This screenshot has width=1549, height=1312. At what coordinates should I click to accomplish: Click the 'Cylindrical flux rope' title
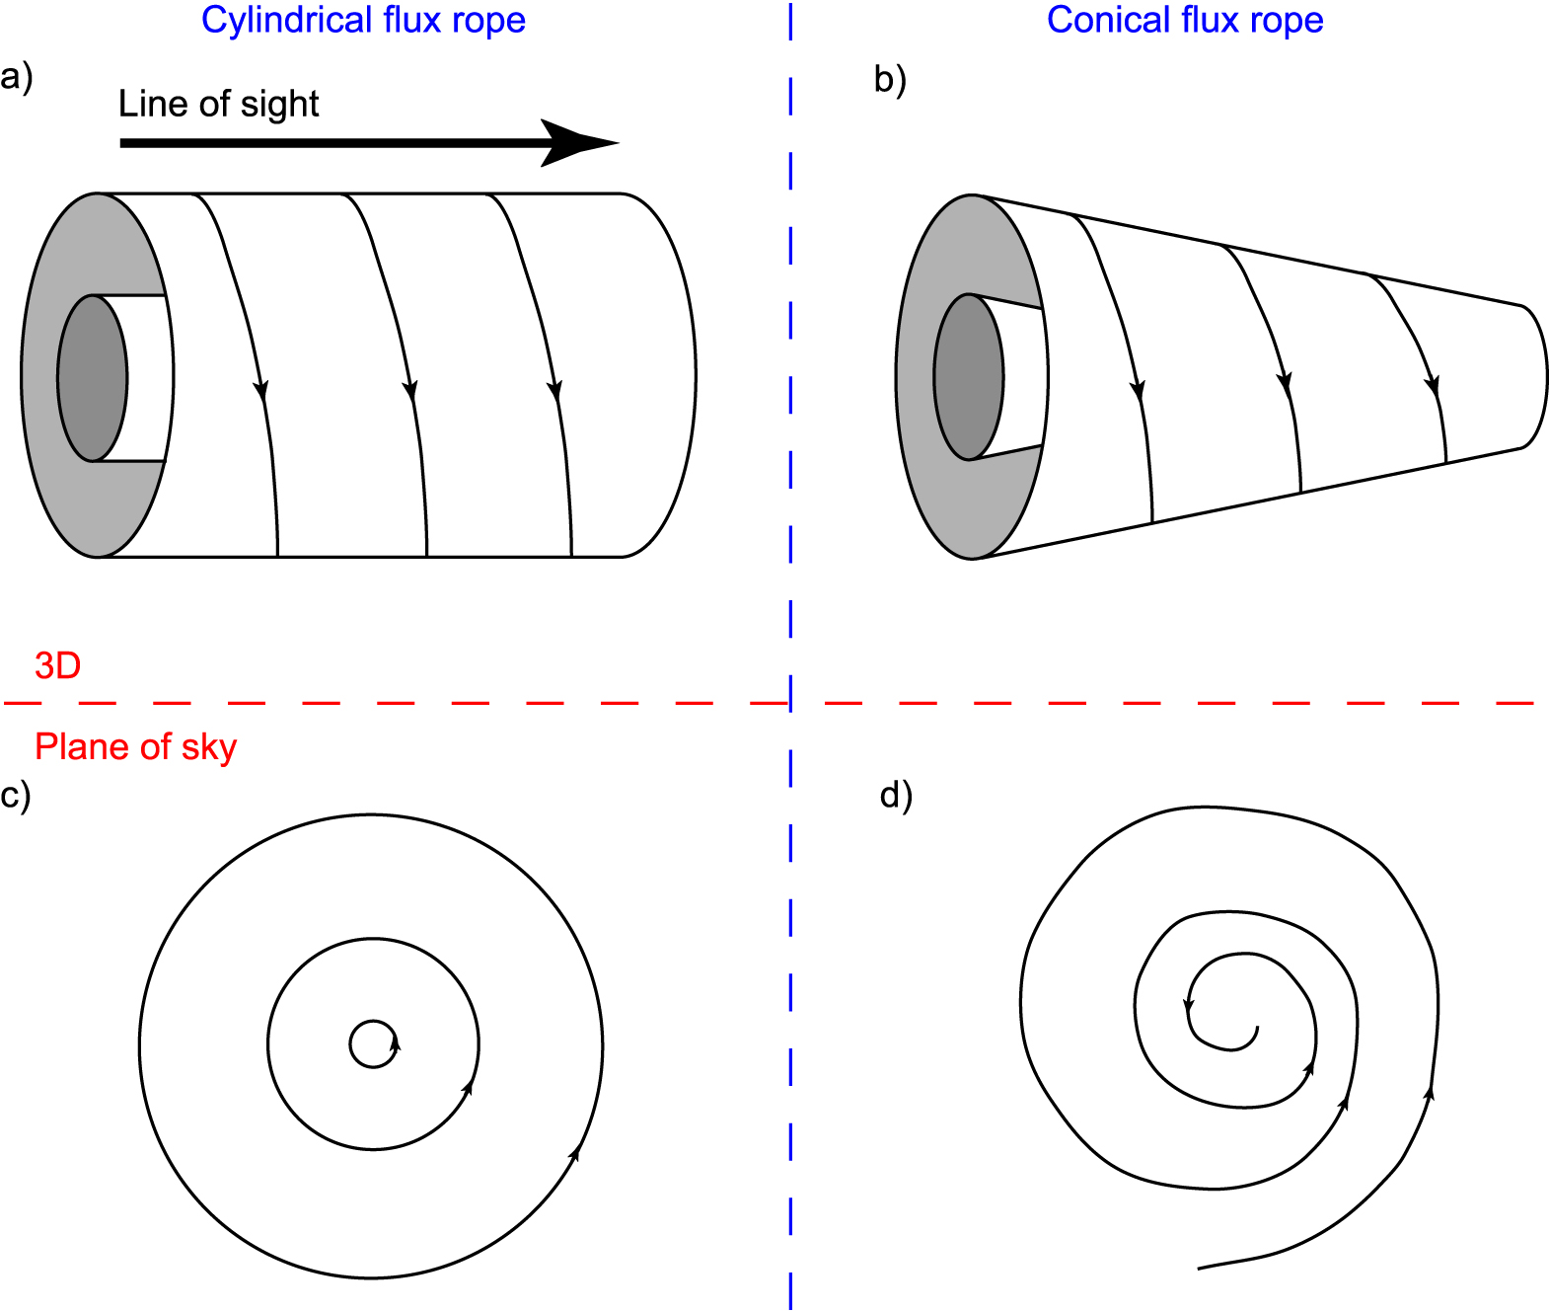pos(363,21)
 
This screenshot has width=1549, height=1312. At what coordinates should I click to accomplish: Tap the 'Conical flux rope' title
pos(1184,21)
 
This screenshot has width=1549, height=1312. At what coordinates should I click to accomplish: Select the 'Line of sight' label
pos(218,104)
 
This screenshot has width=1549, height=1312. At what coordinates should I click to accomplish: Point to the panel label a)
pos(17,76)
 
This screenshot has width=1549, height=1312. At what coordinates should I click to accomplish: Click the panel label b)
pos(890,79)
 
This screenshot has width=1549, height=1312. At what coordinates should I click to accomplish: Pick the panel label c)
pos(16,795)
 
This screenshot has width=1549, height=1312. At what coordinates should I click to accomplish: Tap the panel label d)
pos(896,795)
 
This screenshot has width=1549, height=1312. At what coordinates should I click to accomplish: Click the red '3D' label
pos(57,666)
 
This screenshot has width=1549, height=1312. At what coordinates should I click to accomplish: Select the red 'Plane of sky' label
pos(135,747)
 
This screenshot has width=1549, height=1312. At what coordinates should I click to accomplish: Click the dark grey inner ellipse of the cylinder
pos(92,378)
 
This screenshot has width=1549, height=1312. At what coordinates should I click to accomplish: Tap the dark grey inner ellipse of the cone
pos(968,377)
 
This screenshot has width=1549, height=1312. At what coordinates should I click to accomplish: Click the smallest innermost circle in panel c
pos(373,1043)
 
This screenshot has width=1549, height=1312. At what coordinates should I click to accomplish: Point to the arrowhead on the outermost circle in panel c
pos(575,1152)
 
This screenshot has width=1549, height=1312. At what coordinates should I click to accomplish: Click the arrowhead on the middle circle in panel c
pos(468,1086)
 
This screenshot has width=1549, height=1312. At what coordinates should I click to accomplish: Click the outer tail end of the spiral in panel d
pos(1200,1268)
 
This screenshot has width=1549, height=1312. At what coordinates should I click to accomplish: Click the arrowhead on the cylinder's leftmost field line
pos(261,390)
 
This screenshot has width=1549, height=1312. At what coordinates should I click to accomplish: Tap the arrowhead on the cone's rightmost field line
pos(1434,387)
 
